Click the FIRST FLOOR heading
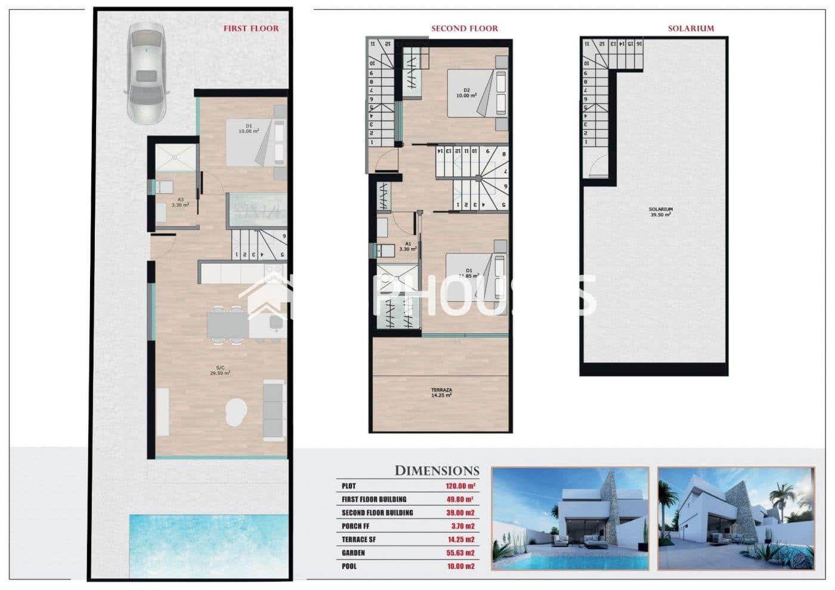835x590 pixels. pyautogui.click(x=250, y=28)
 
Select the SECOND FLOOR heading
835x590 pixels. pyautogui.click(x=464, y=28)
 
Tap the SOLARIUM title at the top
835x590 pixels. pyautogui.click(x=690, y=28)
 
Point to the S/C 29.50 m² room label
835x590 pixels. pyautogui.click(x=220, y=370)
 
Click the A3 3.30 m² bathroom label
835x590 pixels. pyautogui.click(x=180, y=202)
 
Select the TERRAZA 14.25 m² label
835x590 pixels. pyautogui.click(x=441, y=392)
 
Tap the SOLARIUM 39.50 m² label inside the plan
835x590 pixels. pyautogui.click(x=660, y=212)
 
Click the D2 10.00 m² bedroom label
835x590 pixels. pyautogui.click(x=466, y=93)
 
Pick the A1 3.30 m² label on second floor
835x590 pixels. pyautogui.click(x=408, y=246)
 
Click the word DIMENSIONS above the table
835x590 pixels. pyautogui.click(x=437, y=471)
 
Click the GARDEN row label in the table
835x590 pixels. pyautogui.click(x=353, y=553)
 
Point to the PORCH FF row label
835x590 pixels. pyautogui.click(x=355, y=526)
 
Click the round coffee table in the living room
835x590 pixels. pyautogui.click(x=236, y=412)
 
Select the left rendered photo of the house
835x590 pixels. pyautogui.click(x=570, y=518)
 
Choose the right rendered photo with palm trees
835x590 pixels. pyautogui.click(x=736, y=518)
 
